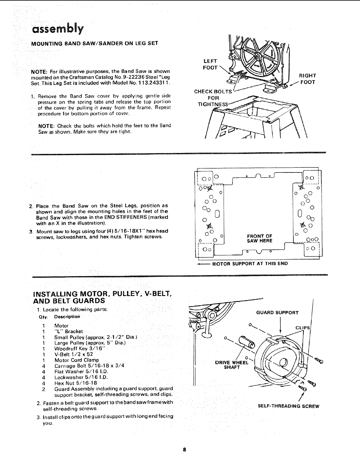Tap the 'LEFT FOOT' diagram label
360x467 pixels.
pos(210,64)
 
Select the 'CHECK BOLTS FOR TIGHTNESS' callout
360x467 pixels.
pos(213,98)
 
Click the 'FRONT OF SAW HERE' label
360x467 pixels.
pos(260,238)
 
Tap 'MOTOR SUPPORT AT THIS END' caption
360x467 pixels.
pos(250,263)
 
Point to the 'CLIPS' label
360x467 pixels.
pos(302,328)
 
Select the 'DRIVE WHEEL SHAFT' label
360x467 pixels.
pos(232,365)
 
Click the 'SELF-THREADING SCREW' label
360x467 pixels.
pos(288,406)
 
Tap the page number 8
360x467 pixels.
pos(184,450)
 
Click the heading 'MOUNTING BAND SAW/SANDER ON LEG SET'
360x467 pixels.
pos(95,43)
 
